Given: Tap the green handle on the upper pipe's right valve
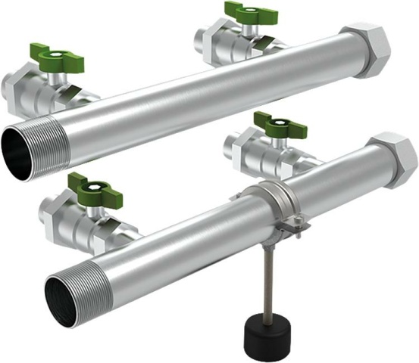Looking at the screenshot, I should click(x=251, y=11).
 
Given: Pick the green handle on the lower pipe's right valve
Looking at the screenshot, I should click(x=280, y=123).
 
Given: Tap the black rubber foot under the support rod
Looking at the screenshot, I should click(x=264, y=332).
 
